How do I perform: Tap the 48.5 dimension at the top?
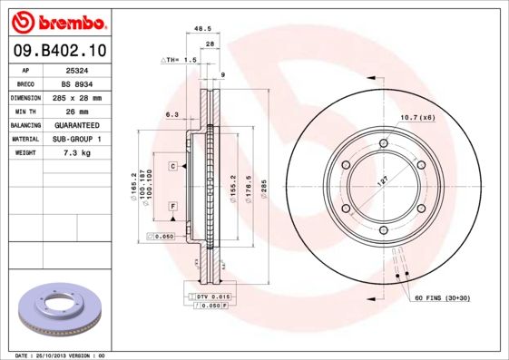pos(204,29)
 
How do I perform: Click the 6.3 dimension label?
pos(171,115)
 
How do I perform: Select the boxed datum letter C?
pos(171,167)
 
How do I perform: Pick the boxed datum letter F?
pos(171,208)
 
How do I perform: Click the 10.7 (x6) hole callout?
pos(418,118)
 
